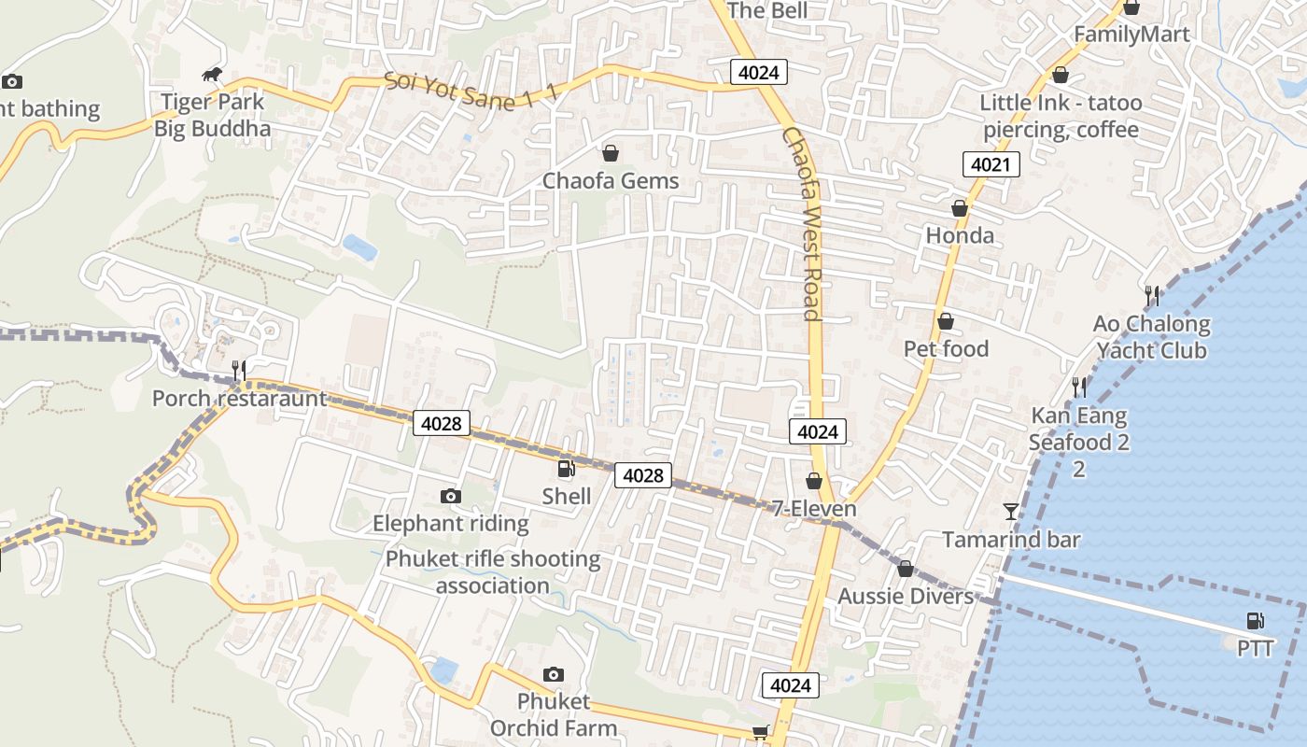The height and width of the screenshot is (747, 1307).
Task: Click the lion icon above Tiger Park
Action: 213,75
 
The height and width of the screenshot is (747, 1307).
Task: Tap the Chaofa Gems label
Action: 611,180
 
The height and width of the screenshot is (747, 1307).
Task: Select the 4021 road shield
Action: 991,165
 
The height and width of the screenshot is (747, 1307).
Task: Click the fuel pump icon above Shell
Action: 566,469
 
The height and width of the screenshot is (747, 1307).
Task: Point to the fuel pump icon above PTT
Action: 1256,621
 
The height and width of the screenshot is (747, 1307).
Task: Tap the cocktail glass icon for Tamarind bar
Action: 1011,511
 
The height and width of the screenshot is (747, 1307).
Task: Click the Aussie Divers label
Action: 905,596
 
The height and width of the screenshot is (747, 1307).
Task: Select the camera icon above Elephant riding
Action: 451,496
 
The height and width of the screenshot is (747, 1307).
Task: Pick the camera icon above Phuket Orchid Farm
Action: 554,674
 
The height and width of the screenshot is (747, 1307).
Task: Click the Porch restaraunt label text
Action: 240,399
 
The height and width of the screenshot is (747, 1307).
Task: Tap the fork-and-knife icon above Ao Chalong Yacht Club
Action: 1152,296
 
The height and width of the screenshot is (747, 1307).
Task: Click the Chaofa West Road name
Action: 802,224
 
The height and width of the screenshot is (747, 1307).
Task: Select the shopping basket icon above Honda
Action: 959,208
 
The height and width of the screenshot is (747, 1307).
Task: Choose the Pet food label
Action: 946,348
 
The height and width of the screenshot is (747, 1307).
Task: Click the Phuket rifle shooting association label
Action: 493,572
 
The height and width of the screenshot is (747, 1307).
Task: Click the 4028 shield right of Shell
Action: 643,475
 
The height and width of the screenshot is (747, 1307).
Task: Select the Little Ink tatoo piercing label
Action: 1061,116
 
